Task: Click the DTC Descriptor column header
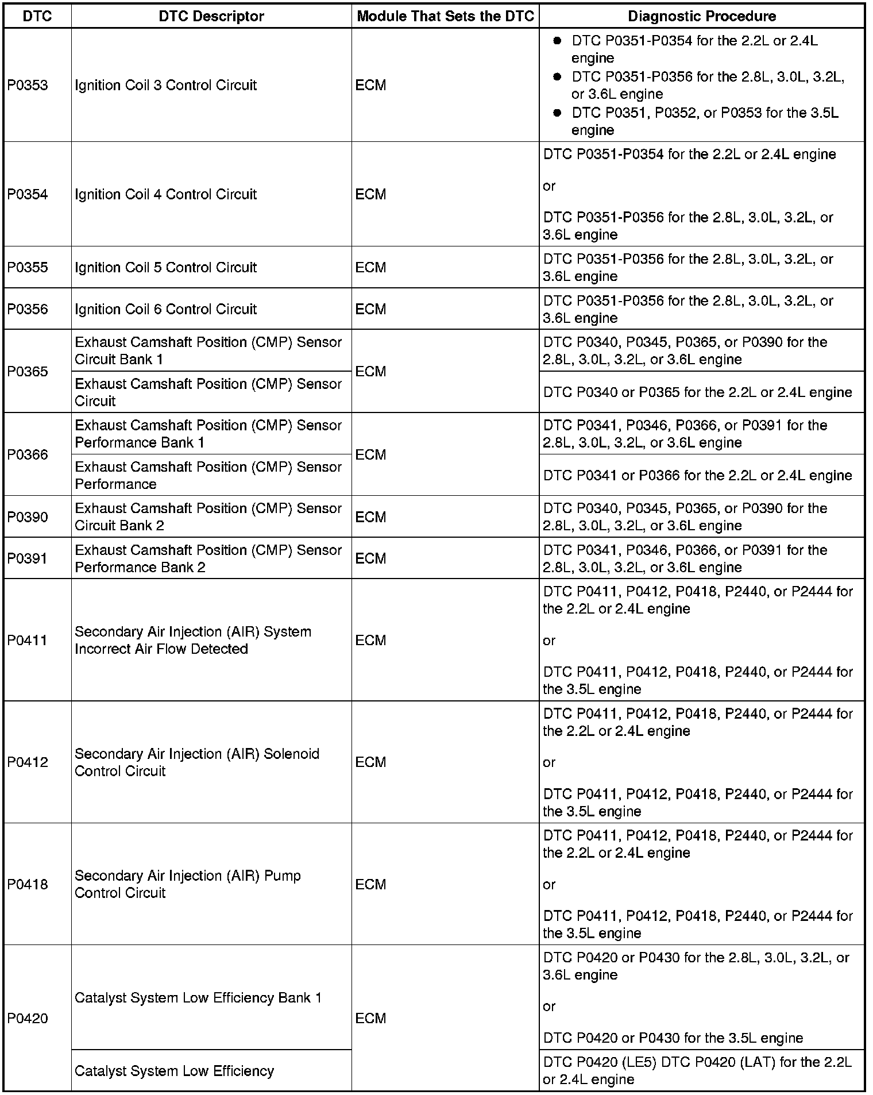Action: coord(211,16)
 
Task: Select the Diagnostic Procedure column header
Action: coord(701,16)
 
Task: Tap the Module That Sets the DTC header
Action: coord(445,16)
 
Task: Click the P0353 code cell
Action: coord(28,86)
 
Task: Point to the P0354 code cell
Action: coord(28,194)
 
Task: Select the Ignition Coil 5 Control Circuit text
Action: coord(165,267)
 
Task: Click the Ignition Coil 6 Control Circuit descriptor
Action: coord(165,309)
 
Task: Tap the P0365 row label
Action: coord(28,371)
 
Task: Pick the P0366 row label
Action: coord(28,454)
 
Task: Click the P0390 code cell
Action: coord(28,517)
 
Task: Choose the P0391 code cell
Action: coord(28,558)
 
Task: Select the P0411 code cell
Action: coord(28,640)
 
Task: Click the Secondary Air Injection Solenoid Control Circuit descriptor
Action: coord(196,762)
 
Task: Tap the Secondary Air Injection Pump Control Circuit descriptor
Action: coord(187,884)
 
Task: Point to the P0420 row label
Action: coord(28,1019)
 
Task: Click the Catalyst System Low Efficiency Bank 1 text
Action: coord(198,998)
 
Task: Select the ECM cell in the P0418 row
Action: coord(370,884)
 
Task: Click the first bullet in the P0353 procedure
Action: coord(557,41)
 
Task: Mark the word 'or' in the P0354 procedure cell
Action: coord(549,186)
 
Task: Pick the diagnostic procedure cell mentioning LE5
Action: coord(697,1070)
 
